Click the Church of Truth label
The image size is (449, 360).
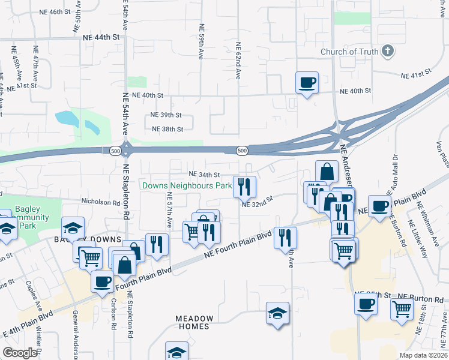(x=349, y=52)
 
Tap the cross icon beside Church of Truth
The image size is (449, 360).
(x=388, y=51)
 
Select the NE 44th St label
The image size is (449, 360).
(x=101, y=37)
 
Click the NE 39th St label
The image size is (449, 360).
(x=166, y=115)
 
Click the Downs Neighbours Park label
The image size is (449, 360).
(x=187, y=186)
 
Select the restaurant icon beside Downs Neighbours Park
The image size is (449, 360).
(x=244, y=187)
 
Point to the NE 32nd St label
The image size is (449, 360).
(x=258, y=203)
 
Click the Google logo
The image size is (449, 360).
(x=20, y=353)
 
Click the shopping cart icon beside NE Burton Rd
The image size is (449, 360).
(x=402, y=308)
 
